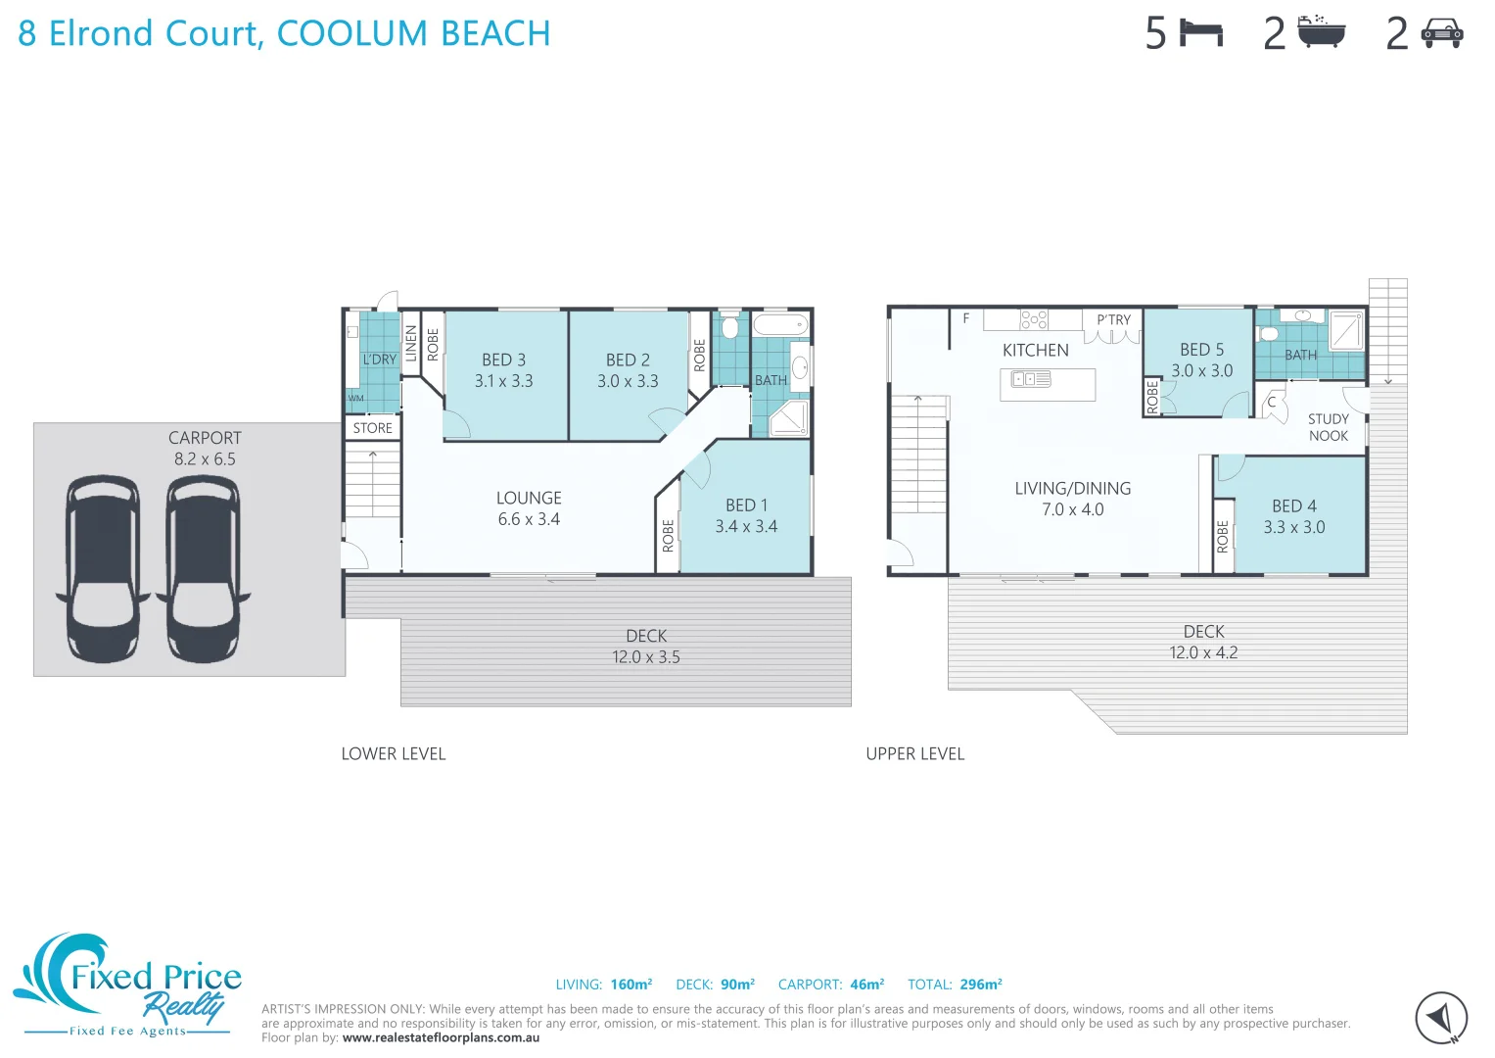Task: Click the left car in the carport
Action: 103,568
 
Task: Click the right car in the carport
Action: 203,568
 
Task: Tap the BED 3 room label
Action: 503,361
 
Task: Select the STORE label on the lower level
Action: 372,428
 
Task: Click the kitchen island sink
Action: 1031,379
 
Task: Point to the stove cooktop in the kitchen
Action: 1034,319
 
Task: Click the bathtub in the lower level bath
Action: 780,324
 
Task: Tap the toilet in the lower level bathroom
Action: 729,326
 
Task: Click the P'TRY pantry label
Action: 1113,320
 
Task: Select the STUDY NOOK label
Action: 1328,427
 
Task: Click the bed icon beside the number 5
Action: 1201,33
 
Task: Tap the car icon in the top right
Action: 1441,33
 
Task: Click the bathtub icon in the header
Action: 1322,32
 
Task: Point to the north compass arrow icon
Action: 1440,1018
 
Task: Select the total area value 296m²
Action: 980,985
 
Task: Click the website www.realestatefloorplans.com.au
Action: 441,1037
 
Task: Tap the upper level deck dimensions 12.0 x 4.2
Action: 1203,653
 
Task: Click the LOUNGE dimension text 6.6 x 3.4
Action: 529,519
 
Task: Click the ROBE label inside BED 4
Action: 1223,536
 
